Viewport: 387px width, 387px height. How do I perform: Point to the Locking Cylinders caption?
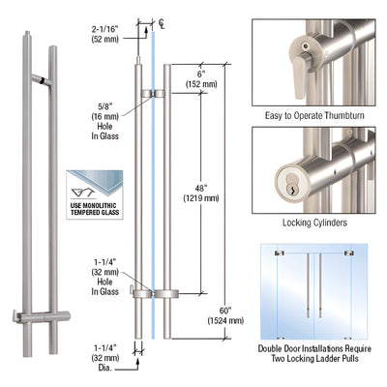point(313,221)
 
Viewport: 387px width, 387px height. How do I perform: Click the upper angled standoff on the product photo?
point(42,76)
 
